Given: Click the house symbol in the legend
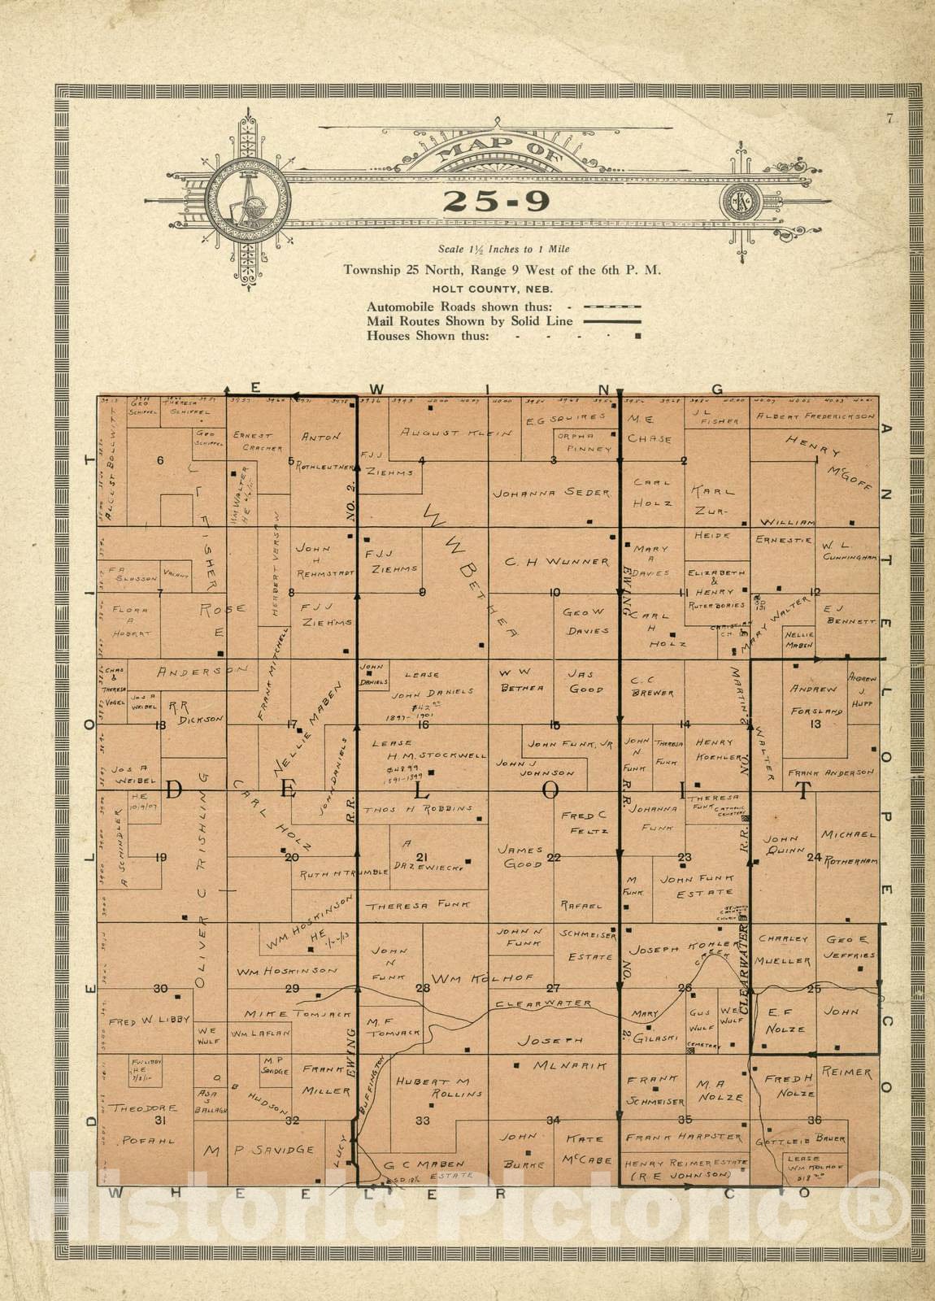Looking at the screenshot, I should pos(637,335).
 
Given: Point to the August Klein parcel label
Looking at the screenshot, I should pos(455,433).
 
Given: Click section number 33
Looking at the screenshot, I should pos(423,1121).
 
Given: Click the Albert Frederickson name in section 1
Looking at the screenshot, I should pos(815,416).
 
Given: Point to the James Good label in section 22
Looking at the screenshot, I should pos(520,856).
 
